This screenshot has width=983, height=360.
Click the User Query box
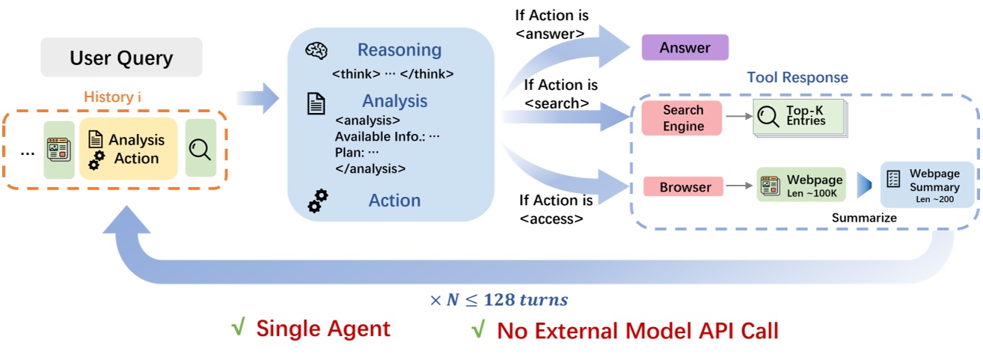(121, 58)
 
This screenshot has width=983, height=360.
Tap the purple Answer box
(685, 48)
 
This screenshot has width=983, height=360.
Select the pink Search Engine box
(682, 118)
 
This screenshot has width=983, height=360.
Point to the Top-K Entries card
(798, 117)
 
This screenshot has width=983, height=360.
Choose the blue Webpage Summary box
(927, 184)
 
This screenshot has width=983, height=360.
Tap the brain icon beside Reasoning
(316, 52)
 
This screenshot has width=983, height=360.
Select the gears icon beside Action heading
(318, 201)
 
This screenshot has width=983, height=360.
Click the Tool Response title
(797, 78)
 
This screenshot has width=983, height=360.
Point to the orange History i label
(114, 97)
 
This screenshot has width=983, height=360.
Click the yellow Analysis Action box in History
(128, 148)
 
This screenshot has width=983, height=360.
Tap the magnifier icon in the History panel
(200, 149)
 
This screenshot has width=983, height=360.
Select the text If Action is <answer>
(551, 25)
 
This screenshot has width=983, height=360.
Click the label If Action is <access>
(556, 210)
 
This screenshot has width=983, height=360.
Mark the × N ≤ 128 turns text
(498, 300)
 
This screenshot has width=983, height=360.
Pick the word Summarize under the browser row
(864, 218)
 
